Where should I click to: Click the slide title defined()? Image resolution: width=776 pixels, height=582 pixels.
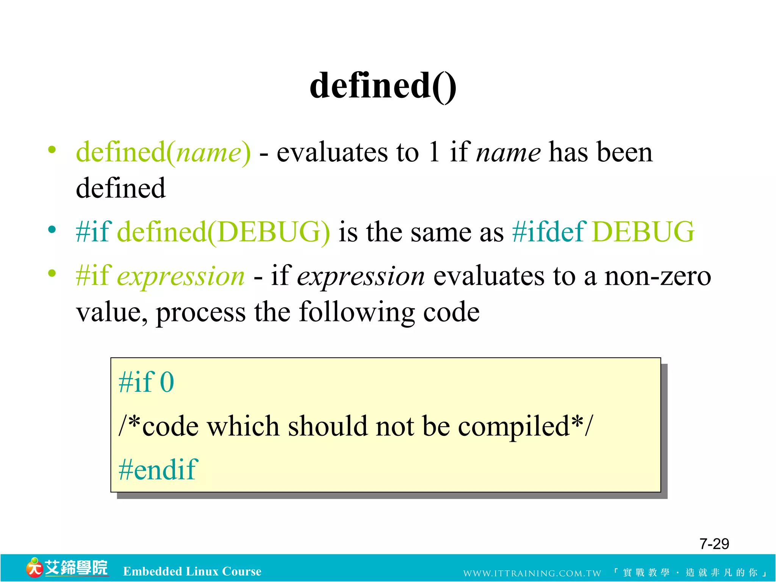pos(383,86)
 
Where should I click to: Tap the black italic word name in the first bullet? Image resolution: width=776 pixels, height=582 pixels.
pos(508,152)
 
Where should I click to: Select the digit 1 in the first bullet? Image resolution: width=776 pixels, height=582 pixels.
pos(434,152)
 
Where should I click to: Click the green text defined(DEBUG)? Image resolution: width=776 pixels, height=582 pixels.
pos(224,232)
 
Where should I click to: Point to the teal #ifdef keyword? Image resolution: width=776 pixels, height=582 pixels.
pos(549,232)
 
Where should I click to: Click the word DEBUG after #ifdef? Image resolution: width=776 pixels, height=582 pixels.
pos(643,232)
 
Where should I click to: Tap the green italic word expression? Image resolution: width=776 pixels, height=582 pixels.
pos(181,276)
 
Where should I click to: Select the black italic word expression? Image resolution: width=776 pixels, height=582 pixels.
pos(361,276)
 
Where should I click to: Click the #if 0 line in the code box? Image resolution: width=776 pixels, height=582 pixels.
pos(146,382)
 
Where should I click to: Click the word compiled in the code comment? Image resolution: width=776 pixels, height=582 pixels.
pos(513,426)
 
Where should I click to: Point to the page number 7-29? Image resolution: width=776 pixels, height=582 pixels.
pos(714,544)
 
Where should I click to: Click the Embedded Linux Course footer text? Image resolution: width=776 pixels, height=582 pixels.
pos(192,571)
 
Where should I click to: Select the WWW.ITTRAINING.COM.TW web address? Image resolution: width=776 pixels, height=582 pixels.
pos(532,573)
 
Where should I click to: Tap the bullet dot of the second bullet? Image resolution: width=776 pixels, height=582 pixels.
pos(52,230)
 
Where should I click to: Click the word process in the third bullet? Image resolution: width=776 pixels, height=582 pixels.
pos(200,312)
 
